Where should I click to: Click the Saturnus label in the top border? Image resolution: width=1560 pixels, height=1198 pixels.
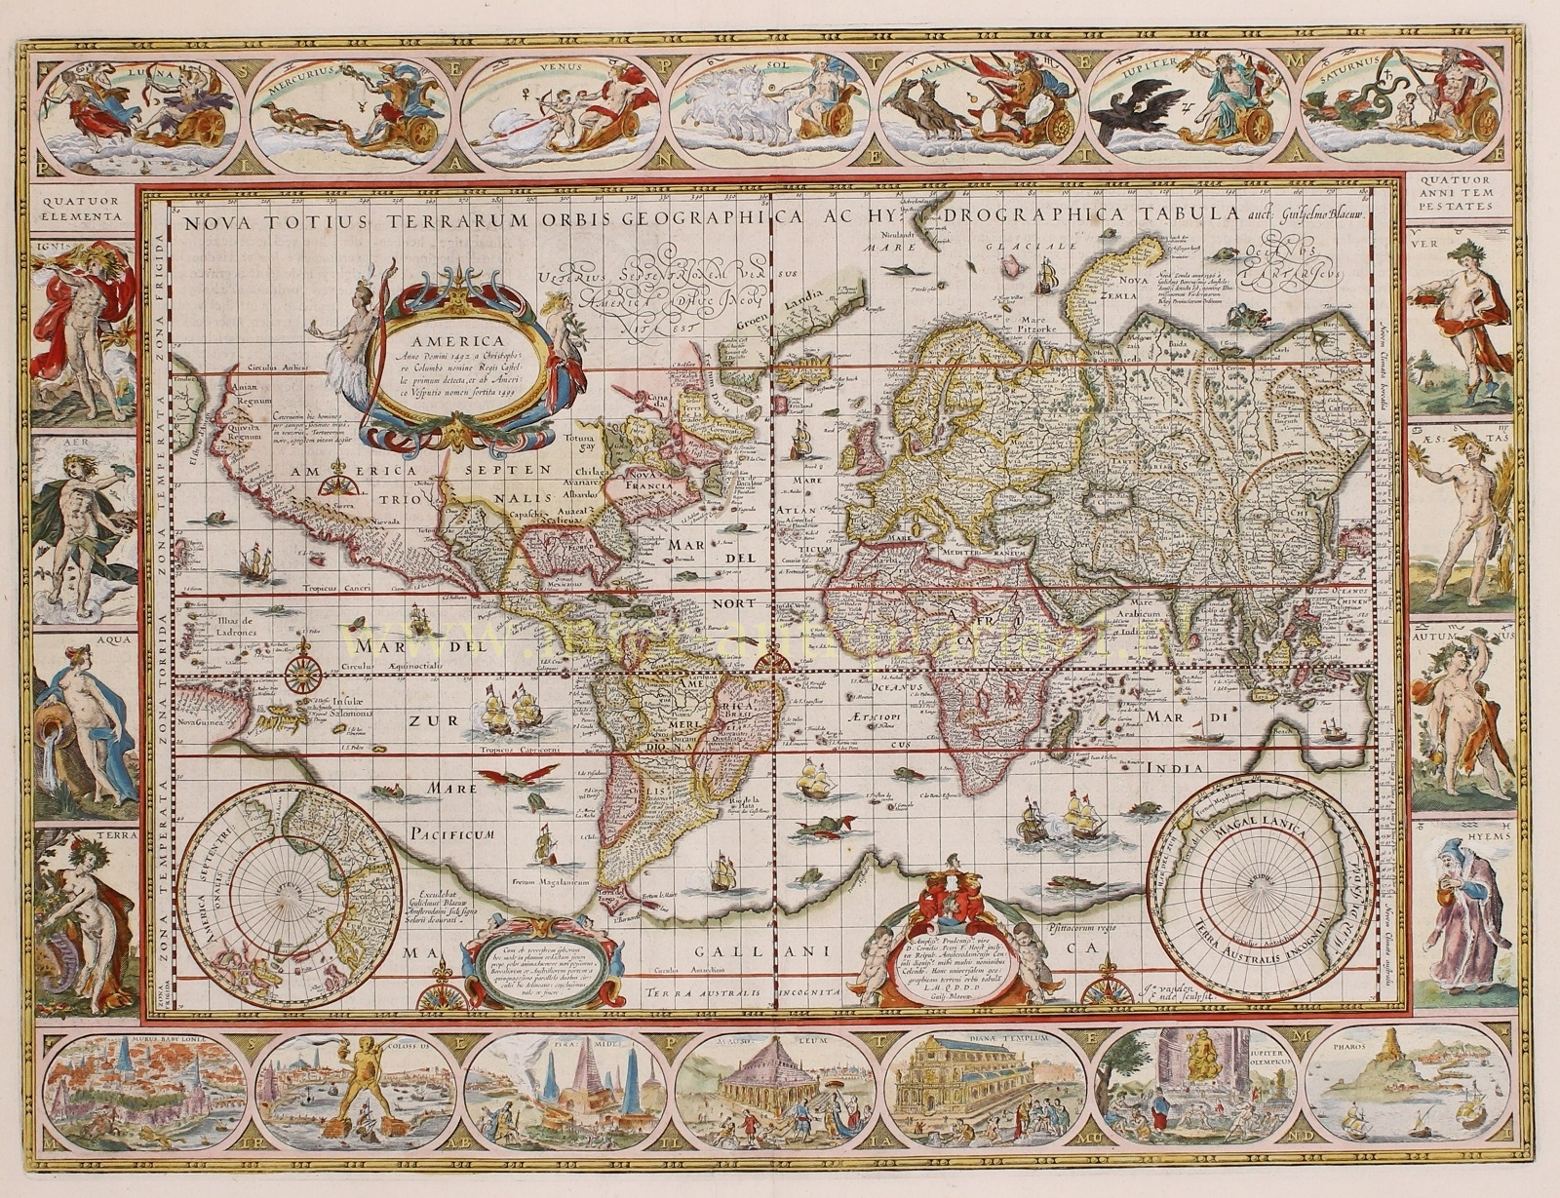(1351, 59)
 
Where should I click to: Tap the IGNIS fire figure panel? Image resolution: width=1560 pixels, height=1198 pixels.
(84, 326)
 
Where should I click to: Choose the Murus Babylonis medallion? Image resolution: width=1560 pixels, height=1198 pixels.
(147, 1090)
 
